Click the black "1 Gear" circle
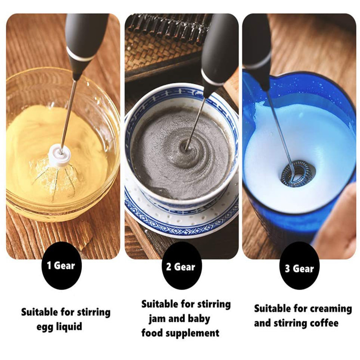click(x=61, y=265)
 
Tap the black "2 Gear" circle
click(x=181, y=266)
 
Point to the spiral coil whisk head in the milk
click(x=296, y=173)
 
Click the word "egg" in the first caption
click(x=45, y=327)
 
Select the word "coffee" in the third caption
click(x=324, y=323)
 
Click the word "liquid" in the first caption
click(x=69, y=326)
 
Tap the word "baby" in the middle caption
click(x=199, y=319)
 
